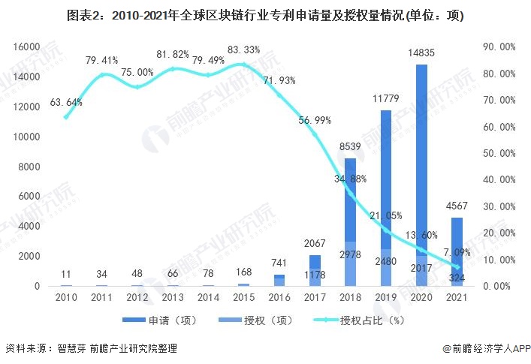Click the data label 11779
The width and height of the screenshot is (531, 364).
385,100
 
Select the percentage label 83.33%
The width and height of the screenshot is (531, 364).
243,50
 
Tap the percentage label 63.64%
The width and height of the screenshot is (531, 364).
66,102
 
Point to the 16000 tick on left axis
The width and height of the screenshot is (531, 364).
26,47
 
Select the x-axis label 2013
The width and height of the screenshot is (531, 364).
173,299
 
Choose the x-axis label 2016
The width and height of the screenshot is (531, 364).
279,299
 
